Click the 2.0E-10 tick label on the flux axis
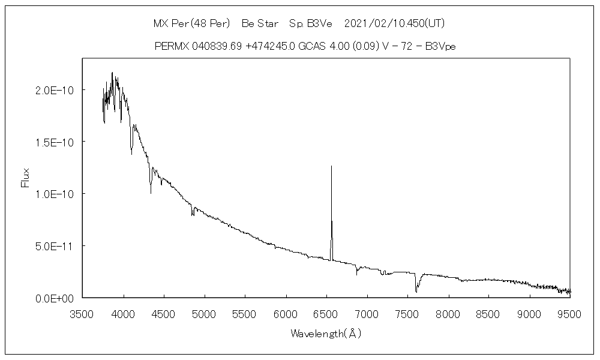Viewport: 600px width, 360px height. pyautogui.click(x=55, y=90)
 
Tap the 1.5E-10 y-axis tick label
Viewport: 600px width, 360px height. pyautogui.click(x=55, y=142)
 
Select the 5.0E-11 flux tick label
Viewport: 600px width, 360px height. pyautogui.click(x=55, y=246)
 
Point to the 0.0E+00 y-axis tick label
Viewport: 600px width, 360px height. pyautogui.click(x=55, y=298)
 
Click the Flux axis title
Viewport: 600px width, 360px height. pyautogui.click(x=25, y=178)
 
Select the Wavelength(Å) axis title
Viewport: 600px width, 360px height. pyautogui.click(x=326, y=333)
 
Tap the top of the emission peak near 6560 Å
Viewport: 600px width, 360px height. pyautogui.click(x=331, y=166)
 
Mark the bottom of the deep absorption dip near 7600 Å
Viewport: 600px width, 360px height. pyautogui.click(x=416, y=292)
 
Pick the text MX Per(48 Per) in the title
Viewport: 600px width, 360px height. pyautogui.click(x=192, y=24)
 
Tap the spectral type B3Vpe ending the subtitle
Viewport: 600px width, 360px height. pyautogui.click(x=440, y=46)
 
